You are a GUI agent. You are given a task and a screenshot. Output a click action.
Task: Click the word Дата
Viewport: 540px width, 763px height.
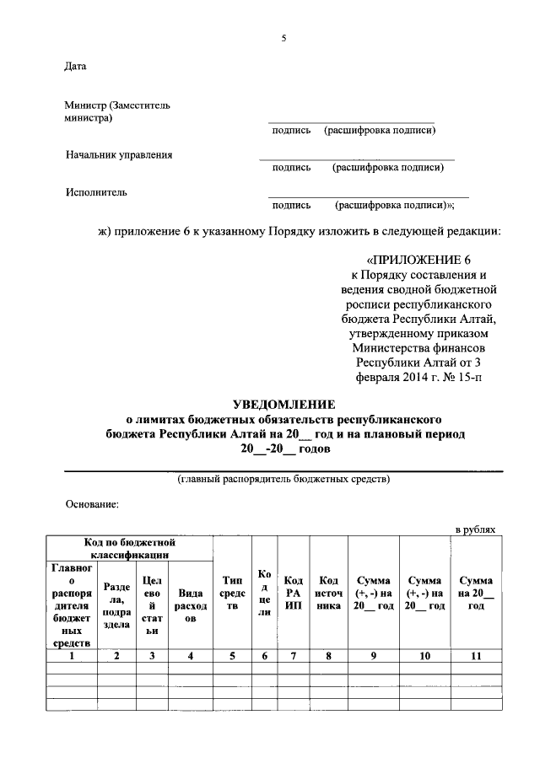(75, 67)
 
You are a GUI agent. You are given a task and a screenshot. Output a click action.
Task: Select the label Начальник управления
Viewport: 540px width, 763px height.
(119, 155)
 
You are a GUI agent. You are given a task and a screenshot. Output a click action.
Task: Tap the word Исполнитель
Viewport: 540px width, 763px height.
(96, 192)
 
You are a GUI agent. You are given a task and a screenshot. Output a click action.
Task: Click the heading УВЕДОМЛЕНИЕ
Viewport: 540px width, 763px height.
(283, 404)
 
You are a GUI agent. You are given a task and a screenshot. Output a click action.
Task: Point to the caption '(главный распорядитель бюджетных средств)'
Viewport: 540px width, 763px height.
(283, 480)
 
